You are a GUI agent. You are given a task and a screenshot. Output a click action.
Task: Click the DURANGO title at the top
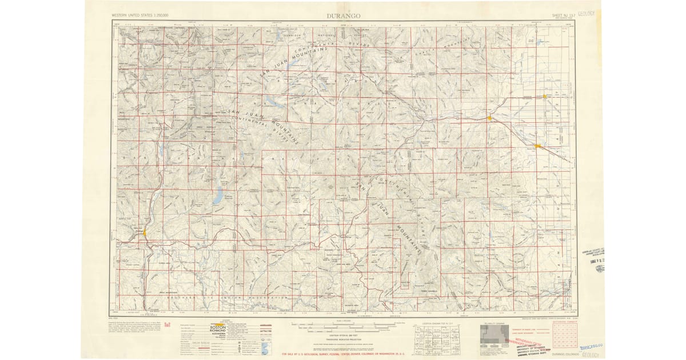coord(343,16)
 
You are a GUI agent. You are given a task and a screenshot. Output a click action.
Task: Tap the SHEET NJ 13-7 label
coord(563,16)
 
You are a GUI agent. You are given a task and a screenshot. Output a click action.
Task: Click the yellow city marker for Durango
coord(145,233)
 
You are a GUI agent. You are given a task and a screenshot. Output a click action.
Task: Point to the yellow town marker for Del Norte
coord(490,118)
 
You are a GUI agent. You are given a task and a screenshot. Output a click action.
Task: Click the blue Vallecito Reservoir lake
coord(218,198)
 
